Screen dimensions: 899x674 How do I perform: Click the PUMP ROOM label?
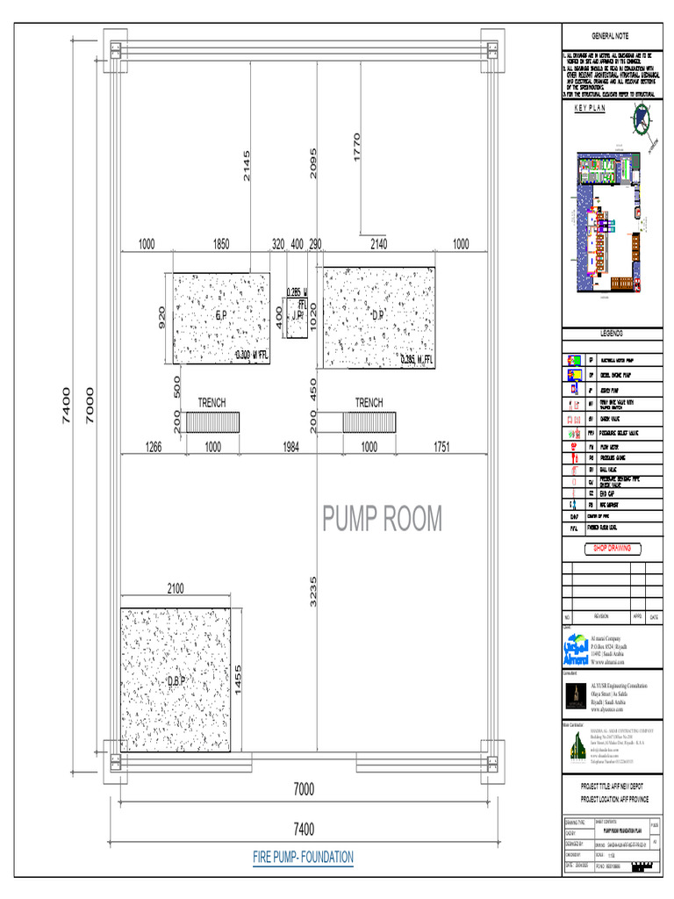pyautogui.click(x=382, y=519)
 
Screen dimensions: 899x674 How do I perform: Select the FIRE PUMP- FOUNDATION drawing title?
pyautogui.click(x=303, y=857)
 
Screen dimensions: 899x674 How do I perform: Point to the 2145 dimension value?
pyautogui.click(x=247, y=166)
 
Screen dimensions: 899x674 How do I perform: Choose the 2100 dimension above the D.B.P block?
pyautogui.click(x=176, y=589)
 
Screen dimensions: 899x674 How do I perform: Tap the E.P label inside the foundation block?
pyautogui.click(x=221, y=314)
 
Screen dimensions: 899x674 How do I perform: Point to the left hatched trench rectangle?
pyautogui.click(x=212, y=423)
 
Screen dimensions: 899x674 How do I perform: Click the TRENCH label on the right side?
pyautogui.click(x=369, y=403)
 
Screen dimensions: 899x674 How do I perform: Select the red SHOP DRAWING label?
pyautogui.click(x=612, y=549)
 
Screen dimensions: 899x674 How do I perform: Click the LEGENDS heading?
pyautogui.click(x=612, y=334)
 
